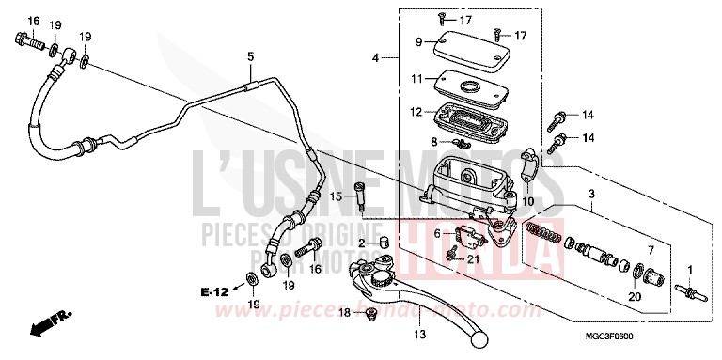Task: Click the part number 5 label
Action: point(250,57)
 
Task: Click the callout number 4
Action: point(376,58)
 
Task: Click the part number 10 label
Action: point(527,200)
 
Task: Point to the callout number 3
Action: point(591,194)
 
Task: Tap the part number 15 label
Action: point(336,196)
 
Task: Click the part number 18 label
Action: point(345,312)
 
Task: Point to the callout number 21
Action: point(474,259)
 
